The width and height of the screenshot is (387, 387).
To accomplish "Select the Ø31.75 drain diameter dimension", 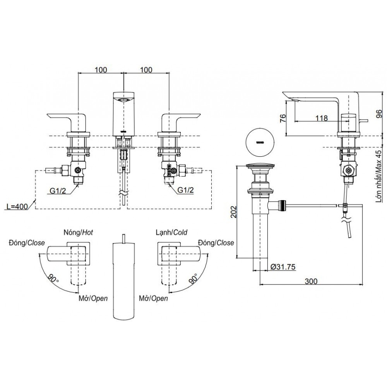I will point(283,267).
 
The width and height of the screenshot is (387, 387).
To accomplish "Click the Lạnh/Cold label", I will point(170,232).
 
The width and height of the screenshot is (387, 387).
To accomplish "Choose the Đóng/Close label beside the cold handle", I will point(216,243).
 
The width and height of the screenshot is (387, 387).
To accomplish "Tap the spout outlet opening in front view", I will point(123,100).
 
